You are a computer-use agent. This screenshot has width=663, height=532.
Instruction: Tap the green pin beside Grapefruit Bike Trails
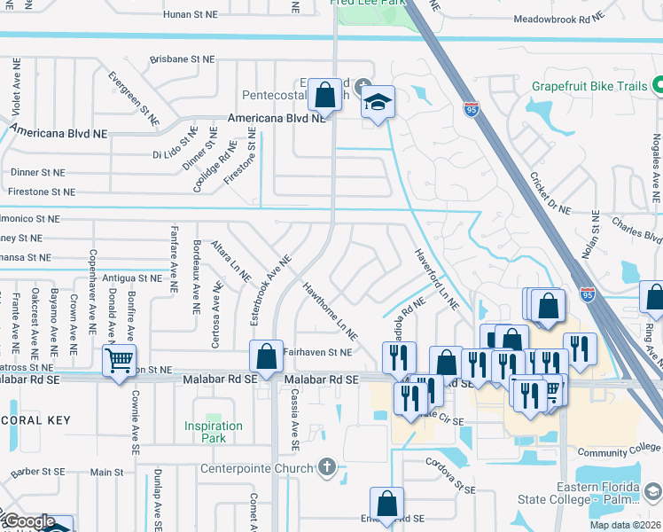click(658, 86)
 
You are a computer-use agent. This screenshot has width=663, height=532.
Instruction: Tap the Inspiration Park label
click(214, 432)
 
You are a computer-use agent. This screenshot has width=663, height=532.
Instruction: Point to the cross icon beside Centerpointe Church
click(327, 466)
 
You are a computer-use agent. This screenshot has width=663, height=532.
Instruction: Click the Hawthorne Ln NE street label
click(330, 312)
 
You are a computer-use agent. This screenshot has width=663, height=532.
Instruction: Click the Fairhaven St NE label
click(317, 352)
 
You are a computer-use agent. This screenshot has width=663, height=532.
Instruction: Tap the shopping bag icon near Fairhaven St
click(266, 356)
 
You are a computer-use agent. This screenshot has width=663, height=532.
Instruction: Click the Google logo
click(28, 521)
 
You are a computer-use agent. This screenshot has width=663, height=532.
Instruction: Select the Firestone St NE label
click(38, 192)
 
